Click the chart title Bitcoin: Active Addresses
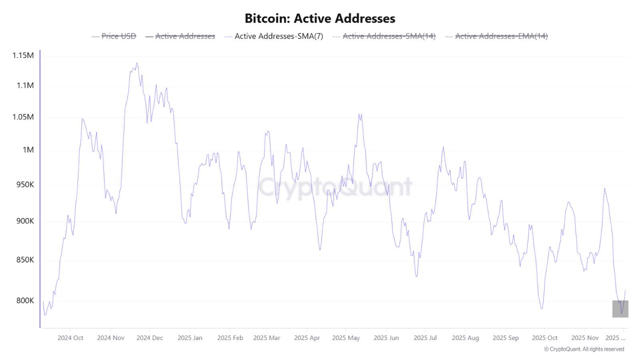[320, 18]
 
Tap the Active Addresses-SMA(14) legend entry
[389, 36]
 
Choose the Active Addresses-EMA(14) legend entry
[501, 36]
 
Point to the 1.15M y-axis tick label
[23, 55]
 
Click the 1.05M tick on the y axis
[23, 117]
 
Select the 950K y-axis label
[24, 184]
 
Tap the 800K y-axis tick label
[24, 300]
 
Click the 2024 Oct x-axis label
[70, 338]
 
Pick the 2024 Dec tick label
[150, 338]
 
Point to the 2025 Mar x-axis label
[266, 338]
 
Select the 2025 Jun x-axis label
[386, 338]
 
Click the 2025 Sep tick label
[506, 338]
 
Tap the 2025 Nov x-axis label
[584, 338]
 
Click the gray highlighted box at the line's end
[620, 308]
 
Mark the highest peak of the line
[136, 63]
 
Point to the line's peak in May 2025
[360, 114]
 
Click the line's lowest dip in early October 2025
[541, 308]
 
